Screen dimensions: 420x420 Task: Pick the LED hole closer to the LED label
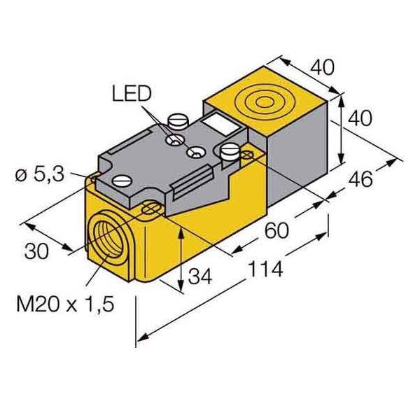tap(171, 141)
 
